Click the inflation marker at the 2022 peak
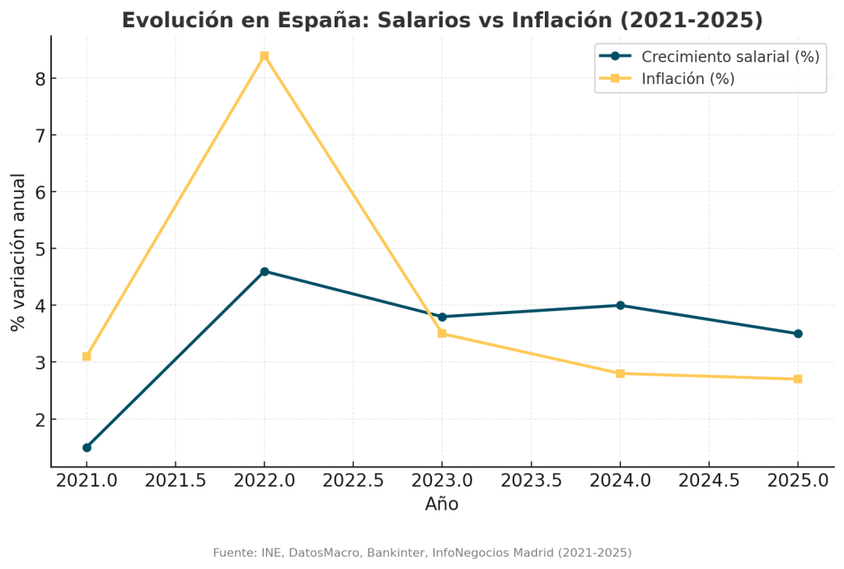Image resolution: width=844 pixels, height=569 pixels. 265,56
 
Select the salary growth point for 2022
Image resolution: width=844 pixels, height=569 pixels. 265,271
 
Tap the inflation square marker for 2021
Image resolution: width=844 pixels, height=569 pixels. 87,356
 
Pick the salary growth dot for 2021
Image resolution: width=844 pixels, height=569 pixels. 87,448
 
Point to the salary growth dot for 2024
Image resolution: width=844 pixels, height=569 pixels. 620,305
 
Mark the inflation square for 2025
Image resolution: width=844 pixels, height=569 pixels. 798,379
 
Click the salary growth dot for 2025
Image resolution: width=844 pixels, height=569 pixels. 798,334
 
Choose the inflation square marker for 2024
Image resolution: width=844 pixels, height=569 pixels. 620,374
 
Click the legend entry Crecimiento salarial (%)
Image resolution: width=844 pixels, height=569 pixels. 729,57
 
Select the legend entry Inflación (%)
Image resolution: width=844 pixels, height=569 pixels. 687,79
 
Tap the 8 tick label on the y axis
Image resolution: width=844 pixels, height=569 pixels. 40,79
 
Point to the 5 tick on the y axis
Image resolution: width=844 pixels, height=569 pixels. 40,249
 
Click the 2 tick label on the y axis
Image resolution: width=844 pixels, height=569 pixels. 40,420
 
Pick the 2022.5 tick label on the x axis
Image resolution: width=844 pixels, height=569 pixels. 353,481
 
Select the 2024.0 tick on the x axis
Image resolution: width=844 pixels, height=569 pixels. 620,481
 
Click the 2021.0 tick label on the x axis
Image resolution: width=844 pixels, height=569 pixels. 87,481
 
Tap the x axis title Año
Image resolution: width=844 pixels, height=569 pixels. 442,505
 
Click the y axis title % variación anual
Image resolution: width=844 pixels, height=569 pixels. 18,252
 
